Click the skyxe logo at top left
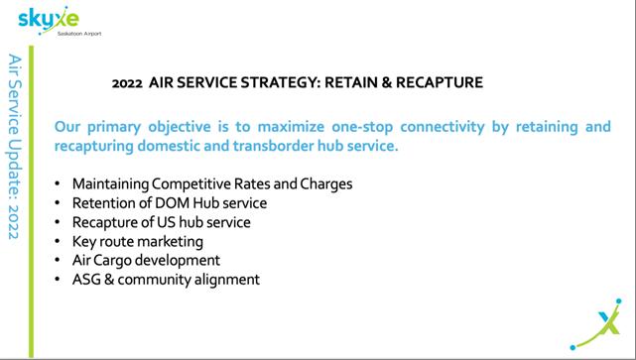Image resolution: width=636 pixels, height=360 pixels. point(49,20)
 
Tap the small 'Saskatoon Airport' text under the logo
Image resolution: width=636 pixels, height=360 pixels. point(79,34)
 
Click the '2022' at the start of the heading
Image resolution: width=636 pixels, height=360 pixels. point(127,83)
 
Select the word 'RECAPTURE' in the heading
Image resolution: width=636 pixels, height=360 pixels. point(440,82)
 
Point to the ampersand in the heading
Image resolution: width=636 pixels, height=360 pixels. point(387,82)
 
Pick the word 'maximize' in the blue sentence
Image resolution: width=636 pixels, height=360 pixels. point(291,126)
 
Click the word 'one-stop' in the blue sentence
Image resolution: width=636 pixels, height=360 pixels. point(362,127)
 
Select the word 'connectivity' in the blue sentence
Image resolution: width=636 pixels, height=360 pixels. point(443,127)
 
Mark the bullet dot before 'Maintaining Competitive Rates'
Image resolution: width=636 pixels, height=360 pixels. point(58,184)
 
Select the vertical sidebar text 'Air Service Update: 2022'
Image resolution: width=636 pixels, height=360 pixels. point(14,147)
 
